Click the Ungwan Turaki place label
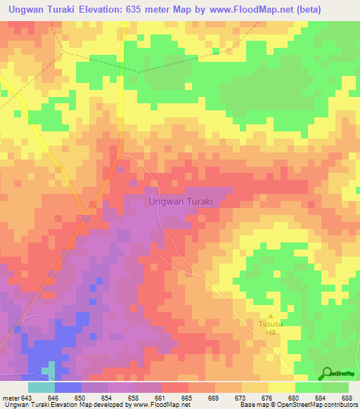[x=181, y=201]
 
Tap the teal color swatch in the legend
[x=41, y=387]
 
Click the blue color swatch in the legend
[x=68, y=387]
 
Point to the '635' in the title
[x=139, y=9]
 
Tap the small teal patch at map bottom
[x=49, y=370]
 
